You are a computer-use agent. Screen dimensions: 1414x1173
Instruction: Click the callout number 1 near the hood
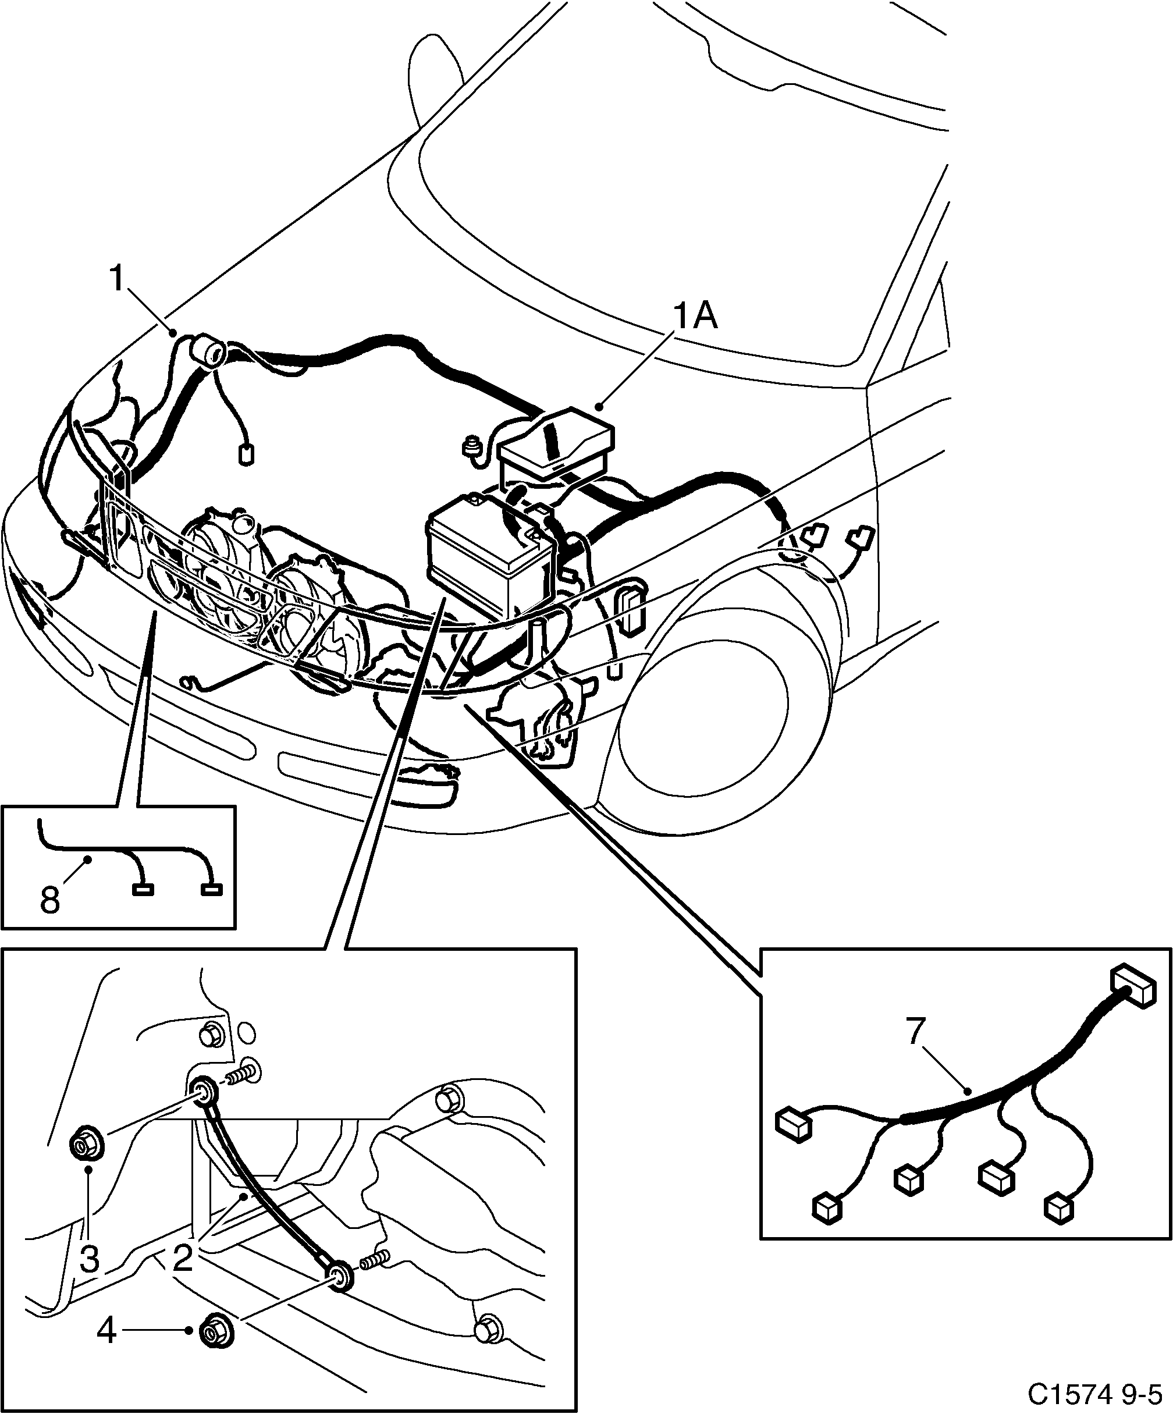117,278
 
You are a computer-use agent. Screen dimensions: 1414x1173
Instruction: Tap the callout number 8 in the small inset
50,899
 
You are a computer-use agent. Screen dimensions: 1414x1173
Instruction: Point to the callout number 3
90,1258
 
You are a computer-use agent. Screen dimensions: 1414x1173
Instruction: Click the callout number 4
106,1331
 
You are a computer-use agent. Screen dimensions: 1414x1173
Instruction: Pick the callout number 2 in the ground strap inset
183,1258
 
